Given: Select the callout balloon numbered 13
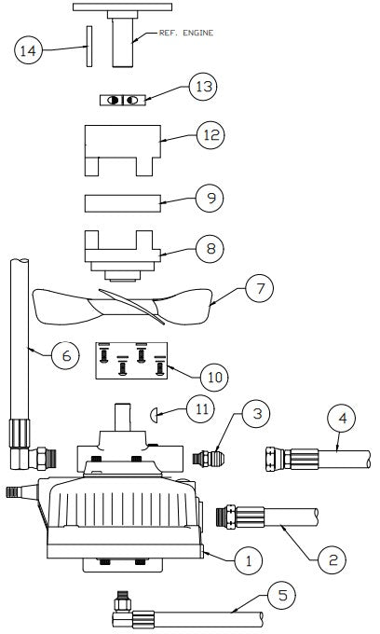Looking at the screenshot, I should [x=202, y=88].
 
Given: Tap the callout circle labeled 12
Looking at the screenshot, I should [x=210, y=136].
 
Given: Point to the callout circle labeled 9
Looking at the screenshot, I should [x=210, y=199].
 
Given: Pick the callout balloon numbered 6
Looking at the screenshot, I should [x=64, y=356].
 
